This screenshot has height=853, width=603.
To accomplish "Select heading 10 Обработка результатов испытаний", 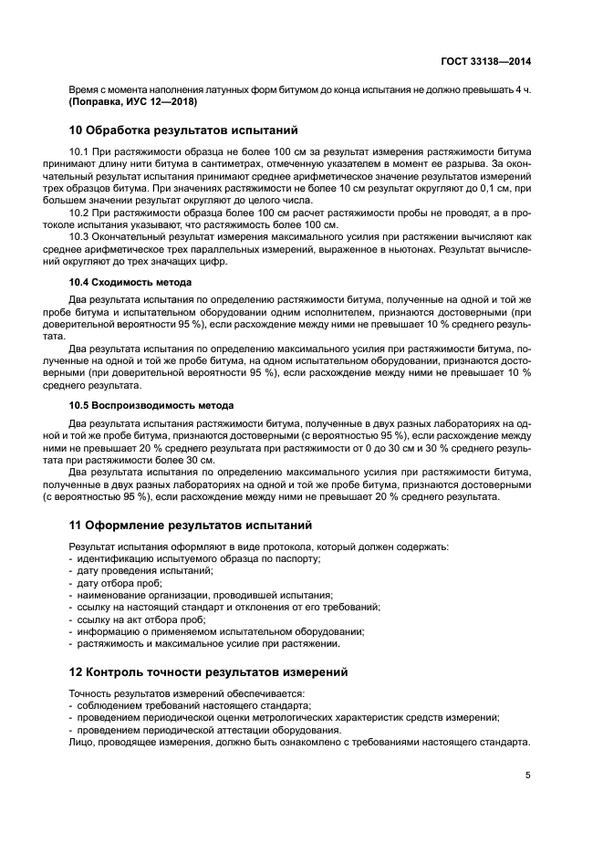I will pos(183,130).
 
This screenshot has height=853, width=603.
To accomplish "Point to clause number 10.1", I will pos(79,150).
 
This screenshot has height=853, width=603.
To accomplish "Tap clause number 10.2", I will pos(79,212).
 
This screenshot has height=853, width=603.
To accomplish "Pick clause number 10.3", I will pos(79,236).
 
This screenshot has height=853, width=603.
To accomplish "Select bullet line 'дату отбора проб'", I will pos(119,582).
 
